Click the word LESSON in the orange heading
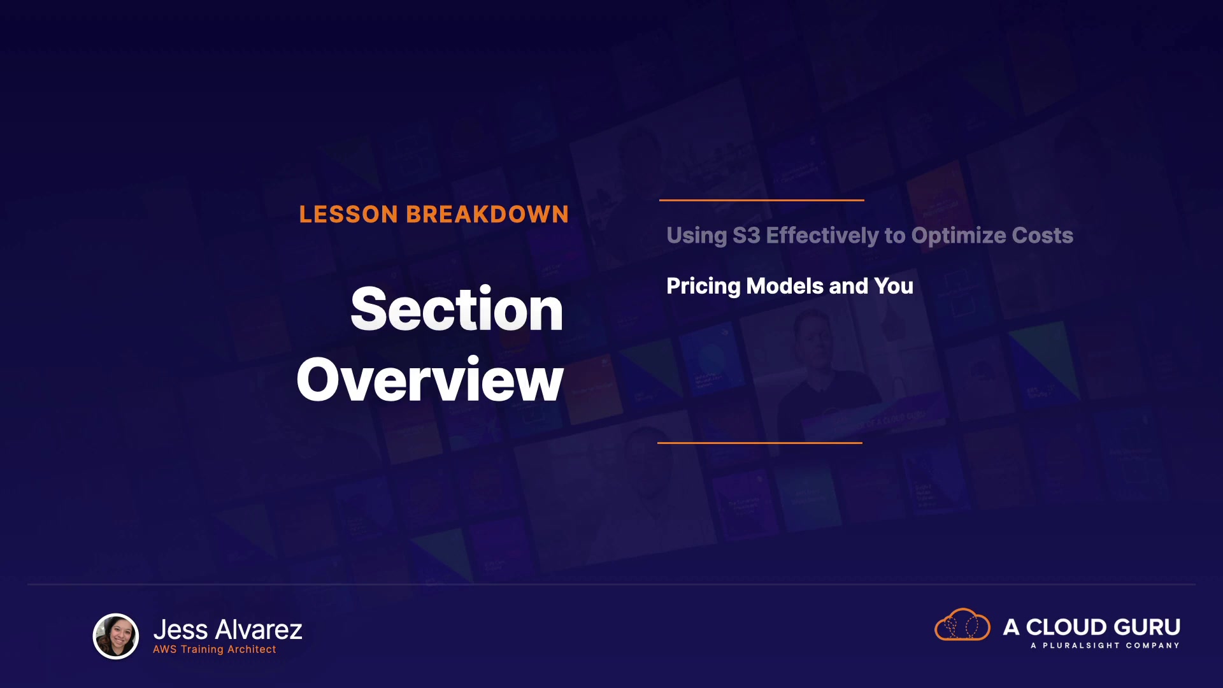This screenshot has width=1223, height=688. point(348,215)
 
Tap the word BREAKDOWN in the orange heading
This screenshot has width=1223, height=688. point(487,215)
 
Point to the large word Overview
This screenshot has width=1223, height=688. point(430,380)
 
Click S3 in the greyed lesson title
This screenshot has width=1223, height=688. point(747,236)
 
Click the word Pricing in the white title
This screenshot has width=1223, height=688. point(703,287)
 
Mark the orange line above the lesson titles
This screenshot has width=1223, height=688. point(762,200)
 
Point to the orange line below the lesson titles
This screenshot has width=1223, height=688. point(760,443)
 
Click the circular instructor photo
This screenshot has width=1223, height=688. point(116,636)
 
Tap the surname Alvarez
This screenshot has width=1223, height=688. point(259,630)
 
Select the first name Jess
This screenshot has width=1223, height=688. point(180,630)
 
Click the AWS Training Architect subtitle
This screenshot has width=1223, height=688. point(215,650)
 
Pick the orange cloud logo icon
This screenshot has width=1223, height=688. point(962,624)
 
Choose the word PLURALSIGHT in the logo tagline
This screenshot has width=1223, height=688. point(1081,645)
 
